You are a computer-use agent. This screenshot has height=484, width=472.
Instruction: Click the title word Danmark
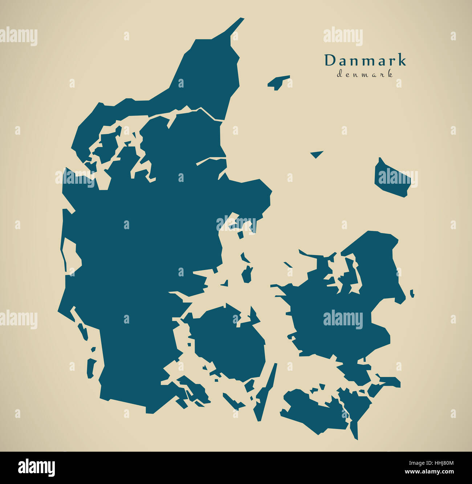[x=365, y=61]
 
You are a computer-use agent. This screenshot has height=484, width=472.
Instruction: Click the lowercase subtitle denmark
[x=365, y=74]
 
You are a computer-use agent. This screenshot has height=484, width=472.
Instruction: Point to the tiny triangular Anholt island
[x=317, y=154]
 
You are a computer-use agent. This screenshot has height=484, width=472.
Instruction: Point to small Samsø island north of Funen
[x=247, y=274]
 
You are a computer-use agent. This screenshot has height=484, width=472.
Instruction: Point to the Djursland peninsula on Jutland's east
[x=251, y=196]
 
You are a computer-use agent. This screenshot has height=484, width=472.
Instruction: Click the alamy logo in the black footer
[x=36, y=467]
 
